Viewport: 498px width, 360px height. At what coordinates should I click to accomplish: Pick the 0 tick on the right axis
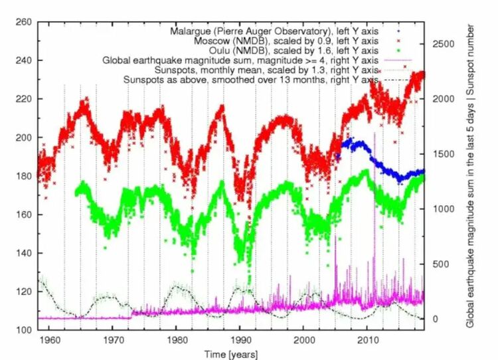tap(436, 319)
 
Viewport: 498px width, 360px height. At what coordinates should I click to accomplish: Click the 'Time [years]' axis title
tap(230, 353)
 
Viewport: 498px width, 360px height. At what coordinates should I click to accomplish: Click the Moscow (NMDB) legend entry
tap(292, 40)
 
